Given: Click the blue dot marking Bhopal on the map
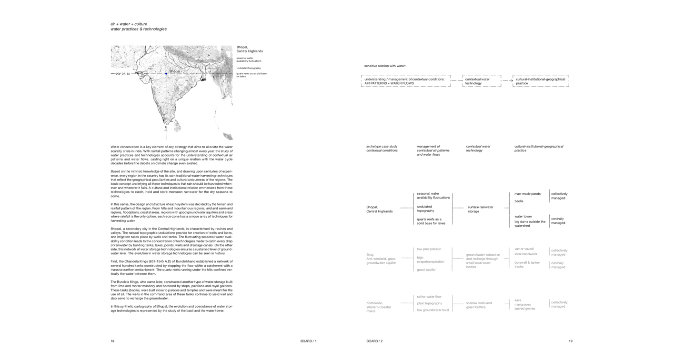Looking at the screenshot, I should coord(166,73).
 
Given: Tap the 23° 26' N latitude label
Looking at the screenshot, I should coord(122,74).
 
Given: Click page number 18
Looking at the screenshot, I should coord(112,341).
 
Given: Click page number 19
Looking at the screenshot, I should coord(570,341).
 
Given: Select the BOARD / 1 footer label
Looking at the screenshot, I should coord(308,341).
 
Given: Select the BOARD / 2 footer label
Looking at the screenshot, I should coord(374,341).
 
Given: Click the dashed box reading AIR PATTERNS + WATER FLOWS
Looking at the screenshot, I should coord(405,81).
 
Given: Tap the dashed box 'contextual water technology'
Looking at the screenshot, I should coord(481,81).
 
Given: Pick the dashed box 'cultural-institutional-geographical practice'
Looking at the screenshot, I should coord(540,81).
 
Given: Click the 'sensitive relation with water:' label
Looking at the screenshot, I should coord(385,66).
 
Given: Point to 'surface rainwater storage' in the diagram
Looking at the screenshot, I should coord(480,209).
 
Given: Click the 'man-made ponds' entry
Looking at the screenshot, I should coord(527,194).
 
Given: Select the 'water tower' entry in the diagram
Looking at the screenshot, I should coord(523,216).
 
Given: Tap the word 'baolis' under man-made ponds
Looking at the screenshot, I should coord(519,201).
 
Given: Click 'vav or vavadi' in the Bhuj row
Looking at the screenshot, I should coord(524,249).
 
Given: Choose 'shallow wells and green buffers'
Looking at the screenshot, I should coord(479,305).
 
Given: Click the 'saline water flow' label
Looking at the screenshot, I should coord(429,296).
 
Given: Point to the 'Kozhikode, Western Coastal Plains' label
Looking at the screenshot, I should coord(379,307).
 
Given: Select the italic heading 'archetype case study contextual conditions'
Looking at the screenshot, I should coord(382,148).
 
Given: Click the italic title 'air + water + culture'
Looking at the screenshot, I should coord(129,24).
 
